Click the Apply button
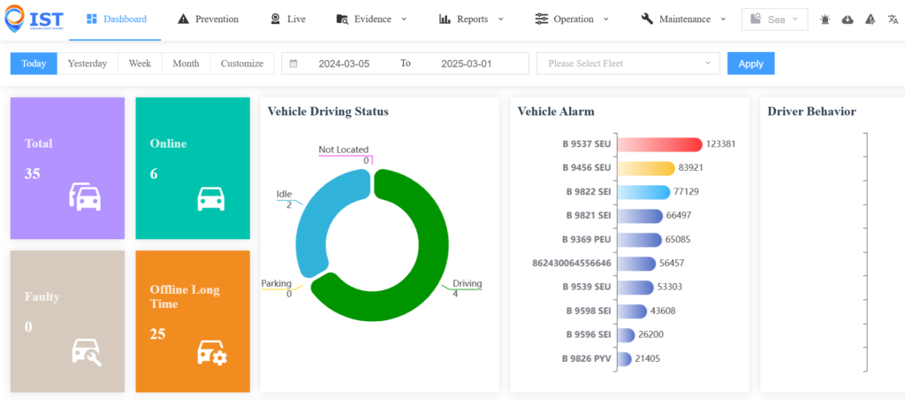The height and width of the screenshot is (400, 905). click(x=750, y=64)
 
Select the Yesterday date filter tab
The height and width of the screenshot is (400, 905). click(x=87, y=64)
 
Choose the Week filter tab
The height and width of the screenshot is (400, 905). click(x=140, y=64)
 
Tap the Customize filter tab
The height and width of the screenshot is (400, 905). click(x=242, y=64)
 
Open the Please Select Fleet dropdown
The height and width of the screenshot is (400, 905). click(x=628, y=64)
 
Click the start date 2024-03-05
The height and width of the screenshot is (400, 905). click(x=344, y=64)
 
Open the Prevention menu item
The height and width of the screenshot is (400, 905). click(x=208, y=19)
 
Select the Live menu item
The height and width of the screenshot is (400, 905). click(x=287, y=19)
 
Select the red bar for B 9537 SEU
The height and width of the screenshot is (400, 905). click(x=658, y=144)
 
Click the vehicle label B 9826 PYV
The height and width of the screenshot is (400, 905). click(x=587, y=358)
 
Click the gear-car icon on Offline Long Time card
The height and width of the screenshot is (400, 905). click(x=212, y=352)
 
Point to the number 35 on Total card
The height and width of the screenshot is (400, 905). click(x=33, y=173)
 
